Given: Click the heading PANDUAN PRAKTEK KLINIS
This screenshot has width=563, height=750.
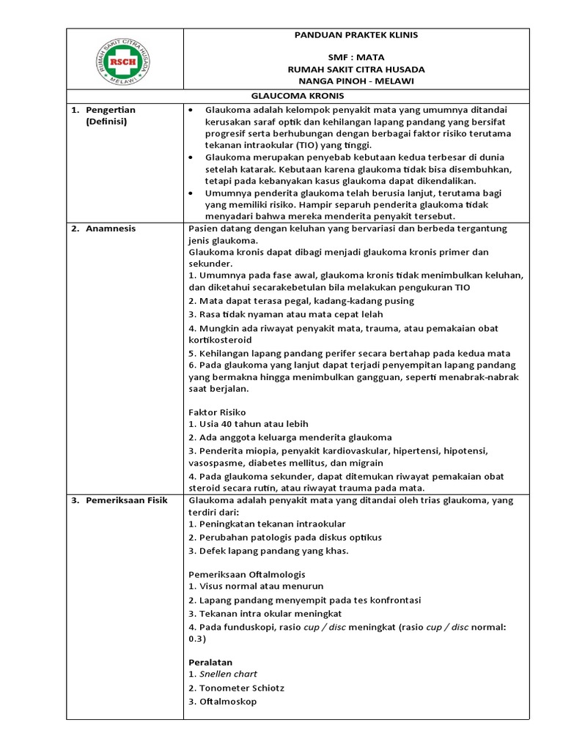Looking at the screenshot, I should (x=356, y=35).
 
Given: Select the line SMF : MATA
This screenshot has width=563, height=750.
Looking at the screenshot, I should (x=356, y=58).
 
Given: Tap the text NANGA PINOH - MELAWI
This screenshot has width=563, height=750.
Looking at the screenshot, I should (x=356, y=81).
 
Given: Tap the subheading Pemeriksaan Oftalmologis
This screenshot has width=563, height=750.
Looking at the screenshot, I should (x=247, y=573).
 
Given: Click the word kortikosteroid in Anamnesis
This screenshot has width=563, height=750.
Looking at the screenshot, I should (x=220, y=340).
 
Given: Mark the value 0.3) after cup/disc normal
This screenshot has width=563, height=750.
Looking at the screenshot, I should (x=199, y=638).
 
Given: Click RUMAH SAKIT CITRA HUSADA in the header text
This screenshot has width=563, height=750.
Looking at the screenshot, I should (x=356, y=69).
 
